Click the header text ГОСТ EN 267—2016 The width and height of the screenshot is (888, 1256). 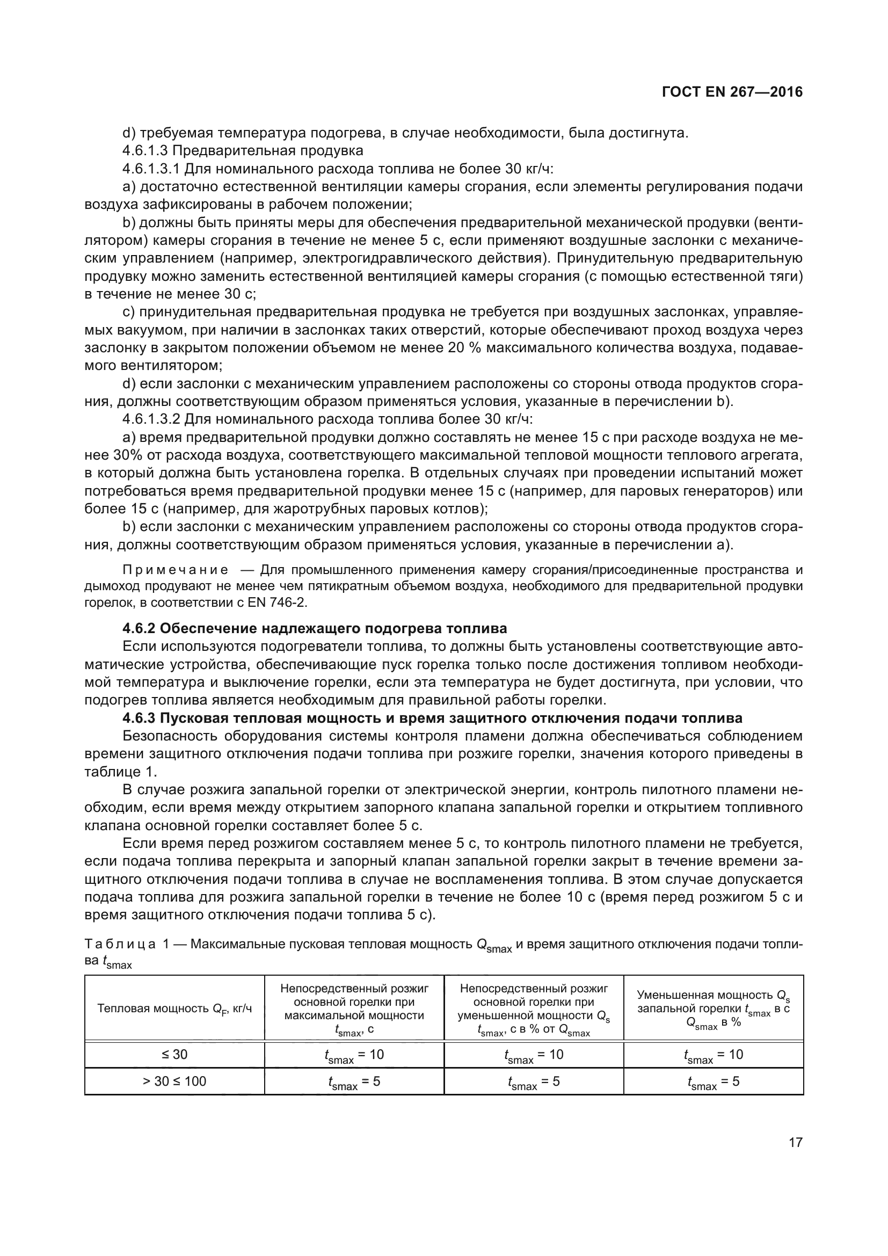(x=732, y=92)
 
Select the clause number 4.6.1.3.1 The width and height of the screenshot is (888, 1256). (x=151, y=169)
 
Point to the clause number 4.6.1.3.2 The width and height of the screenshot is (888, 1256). (x=151, y=419)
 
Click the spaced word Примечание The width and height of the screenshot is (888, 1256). (x=176, y=570)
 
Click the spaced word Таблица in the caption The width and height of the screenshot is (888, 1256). (x=121, y=944)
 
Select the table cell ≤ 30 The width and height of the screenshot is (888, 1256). (x=174, y=1054)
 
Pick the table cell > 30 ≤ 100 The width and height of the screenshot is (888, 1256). (x=174, y=1081)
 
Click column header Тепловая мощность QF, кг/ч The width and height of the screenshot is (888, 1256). (x=174, y=1008)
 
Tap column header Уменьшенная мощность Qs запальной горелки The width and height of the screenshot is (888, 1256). (x=713, y=1008)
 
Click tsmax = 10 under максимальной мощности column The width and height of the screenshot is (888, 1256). (x=354, y=1055)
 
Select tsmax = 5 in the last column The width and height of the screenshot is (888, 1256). (x=713, y=1081)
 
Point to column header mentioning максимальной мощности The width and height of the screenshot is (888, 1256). (x=354, y=1009)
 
